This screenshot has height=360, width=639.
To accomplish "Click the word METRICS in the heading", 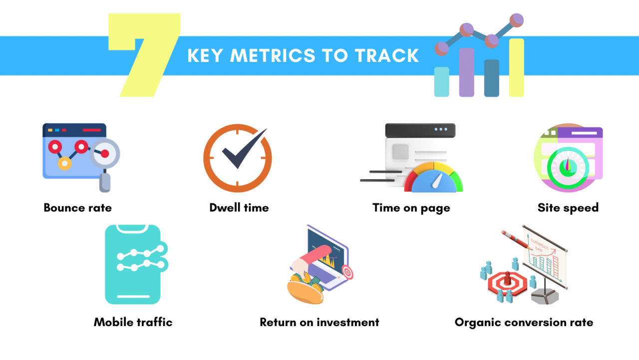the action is [273, 55].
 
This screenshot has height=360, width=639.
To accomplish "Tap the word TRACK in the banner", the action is [387, 55].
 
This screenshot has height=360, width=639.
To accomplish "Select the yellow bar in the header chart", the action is [517, 67].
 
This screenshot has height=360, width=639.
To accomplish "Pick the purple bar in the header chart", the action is [467, 72].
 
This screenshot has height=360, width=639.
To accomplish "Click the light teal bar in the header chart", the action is [442, 82].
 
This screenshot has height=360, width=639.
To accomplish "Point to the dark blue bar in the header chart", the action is [492, 78].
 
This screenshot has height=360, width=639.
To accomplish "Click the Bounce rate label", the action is [77, 208].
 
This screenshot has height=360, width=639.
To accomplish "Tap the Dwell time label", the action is [239, 208].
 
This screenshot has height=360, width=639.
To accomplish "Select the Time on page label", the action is [411, 208].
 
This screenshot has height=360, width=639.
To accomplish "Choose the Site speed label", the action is [568, 208].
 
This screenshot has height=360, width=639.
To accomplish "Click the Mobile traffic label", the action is [133, 323].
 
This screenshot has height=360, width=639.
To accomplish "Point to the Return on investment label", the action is [319, 323].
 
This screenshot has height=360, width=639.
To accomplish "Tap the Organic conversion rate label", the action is [524, 323].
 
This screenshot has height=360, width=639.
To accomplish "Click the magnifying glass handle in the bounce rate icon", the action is [105, 182].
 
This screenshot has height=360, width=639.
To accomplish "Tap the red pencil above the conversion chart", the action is [516, 240].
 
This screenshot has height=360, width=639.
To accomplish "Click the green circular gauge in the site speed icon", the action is [568, 168].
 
